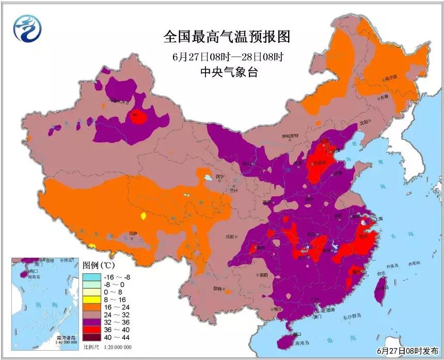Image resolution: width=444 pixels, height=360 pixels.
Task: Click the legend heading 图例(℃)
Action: (99, 265)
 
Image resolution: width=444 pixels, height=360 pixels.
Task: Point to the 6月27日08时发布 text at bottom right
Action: (403, 352)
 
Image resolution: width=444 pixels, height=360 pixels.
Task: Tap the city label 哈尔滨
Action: (392, 78)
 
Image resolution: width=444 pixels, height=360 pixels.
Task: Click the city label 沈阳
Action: (364, 122)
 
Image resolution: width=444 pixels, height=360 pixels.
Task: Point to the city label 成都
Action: (229, 237)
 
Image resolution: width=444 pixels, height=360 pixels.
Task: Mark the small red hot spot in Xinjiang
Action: (138, 117)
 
